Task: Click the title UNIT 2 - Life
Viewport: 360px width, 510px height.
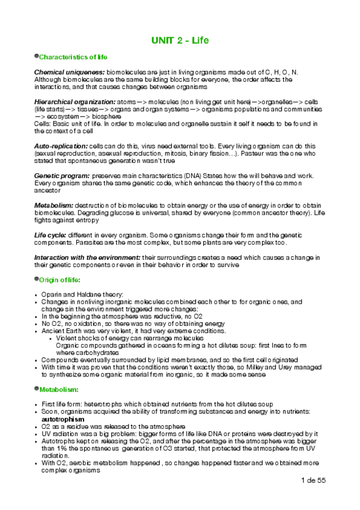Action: coord(180,40)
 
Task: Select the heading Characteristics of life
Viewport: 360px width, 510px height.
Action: coord(73,57)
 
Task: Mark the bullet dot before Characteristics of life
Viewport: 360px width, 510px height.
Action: coord(36,56)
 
